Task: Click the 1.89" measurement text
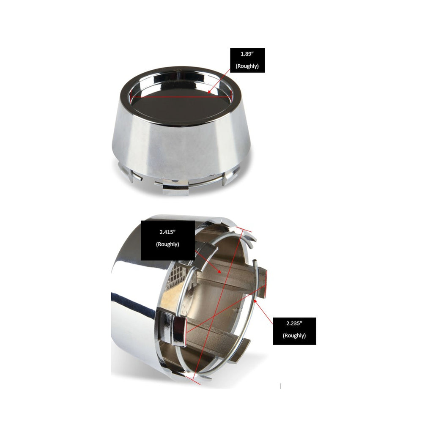(247, 54)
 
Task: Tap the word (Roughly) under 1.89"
(247, 66)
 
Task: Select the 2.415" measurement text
(167, 232)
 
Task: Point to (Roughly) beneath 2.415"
(167, 244)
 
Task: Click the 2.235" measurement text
(294, 323)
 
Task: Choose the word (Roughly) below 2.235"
(294, 335)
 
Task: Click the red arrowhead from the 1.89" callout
(210, 91)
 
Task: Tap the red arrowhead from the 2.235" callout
(255, 301)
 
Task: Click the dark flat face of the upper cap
(181, 106)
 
